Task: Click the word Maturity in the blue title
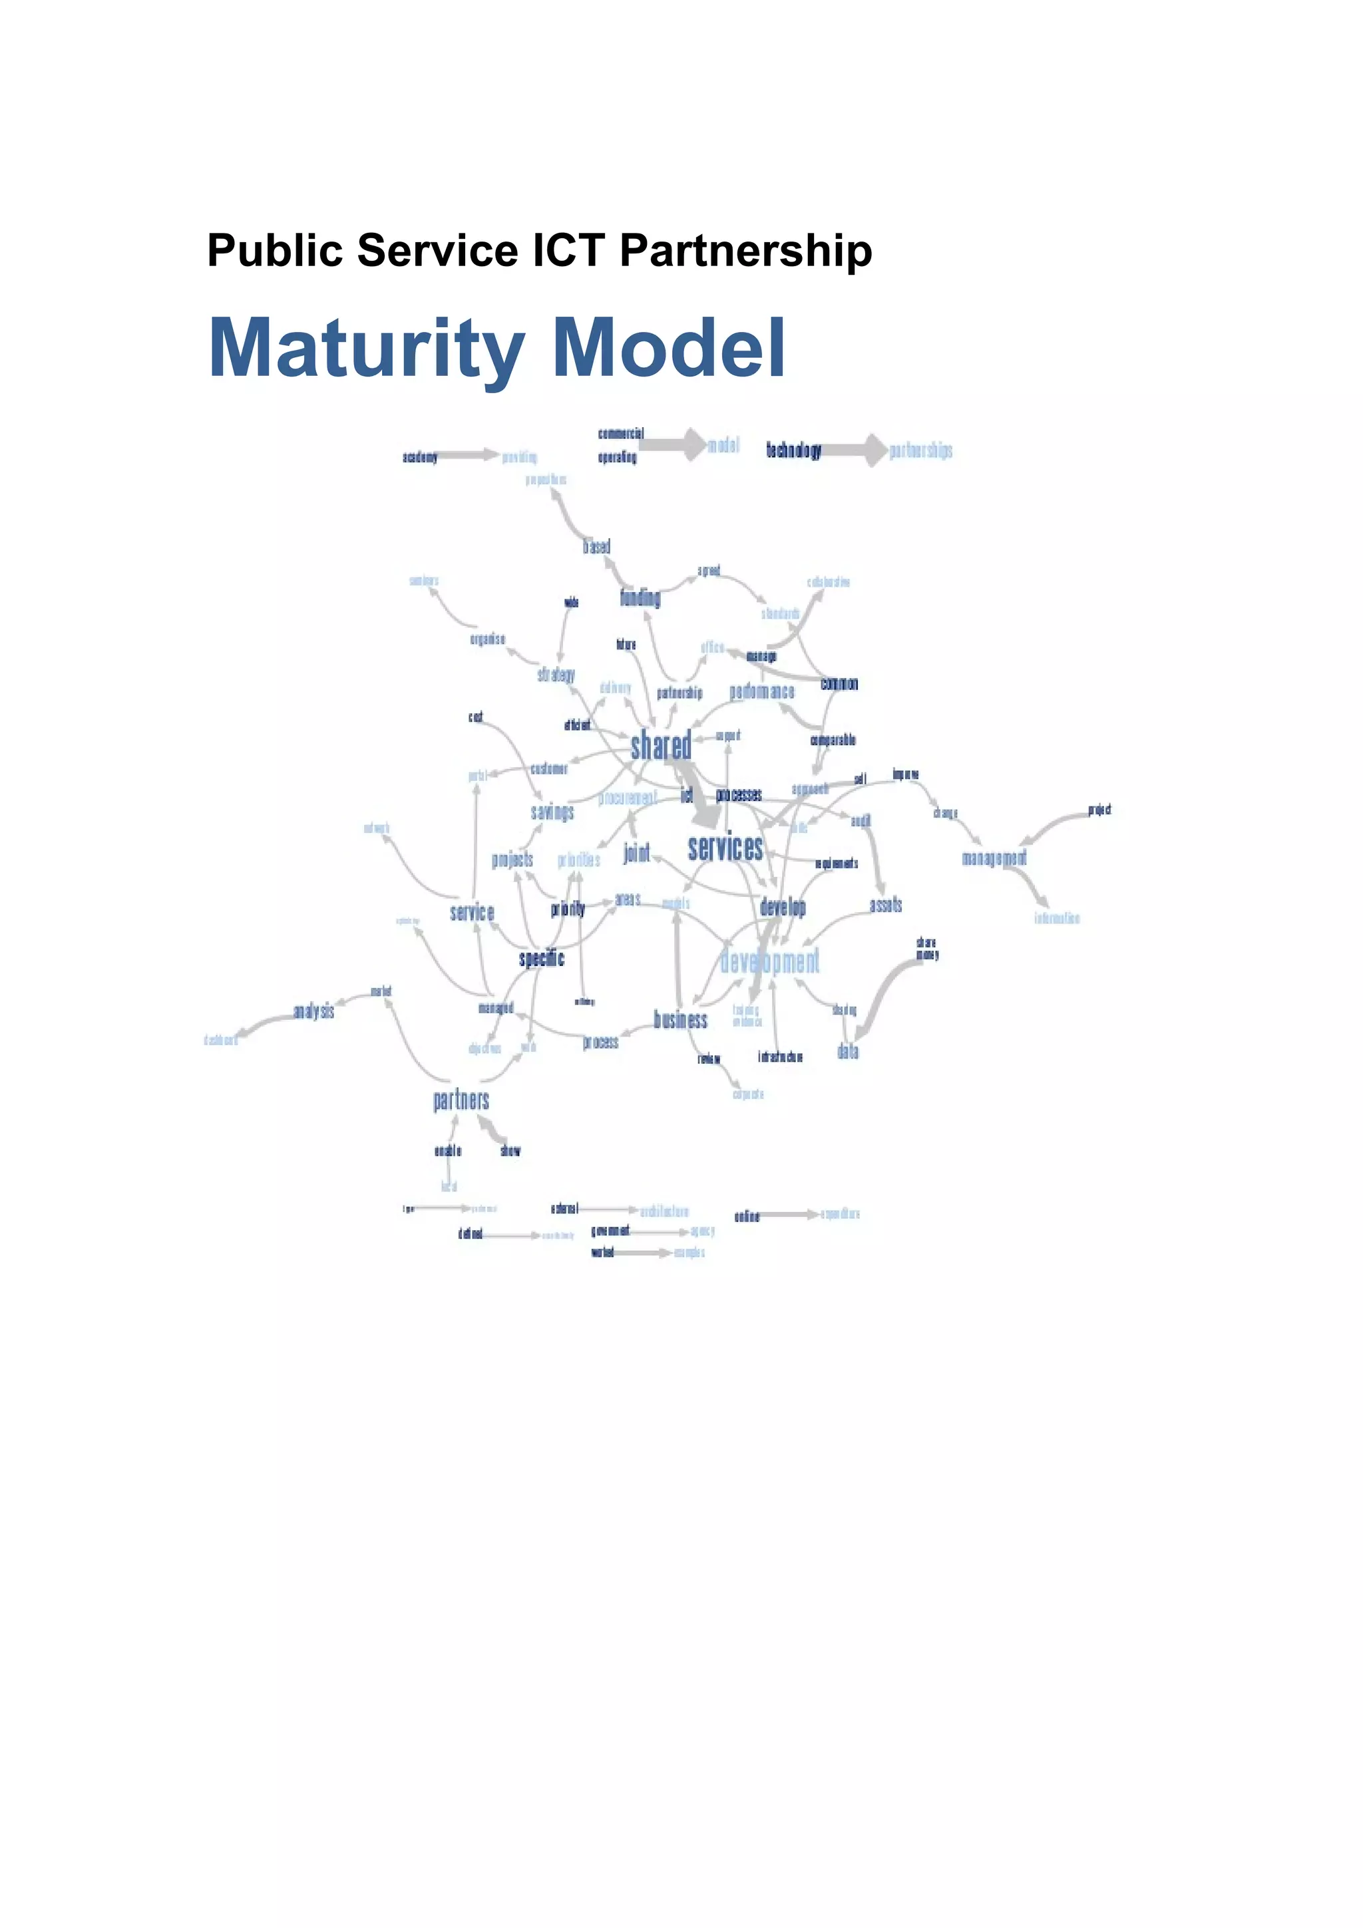pyautogui.click(x=366, y=349)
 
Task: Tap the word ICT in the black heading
pyautogui.click(x=568, y=250)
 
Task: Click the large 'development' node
pyautogui.click(x=769, y=961)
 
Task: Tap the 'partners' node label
pyautogui.click(x=461, y=1100)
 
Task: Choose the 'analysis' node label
pyautogui.click(x=313, y=1011)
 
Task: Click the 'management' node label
pyautogui.click(x=994, y=858)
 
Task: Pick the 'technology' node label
pyautogui.click(x=793, y=450)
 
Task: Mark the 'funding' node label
pyautogui.click(x=640, y=598)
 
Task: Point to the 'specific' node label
pyautogui.click(x=542, y=958)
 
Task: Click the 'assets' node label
pyautogui.click(x=886, y=904)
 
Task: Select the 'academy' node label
pyautogui.click(x=420, y=457)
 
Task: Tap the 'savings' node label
pyautogui.click(x=552, y=812)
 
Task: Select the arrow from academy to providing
pyautogui.click(x=469, y=455)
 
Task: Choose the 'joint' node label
pyautogui.click(x=636, y=853)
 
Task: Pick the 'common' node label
pyautogui.click(x=839, y=683)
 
